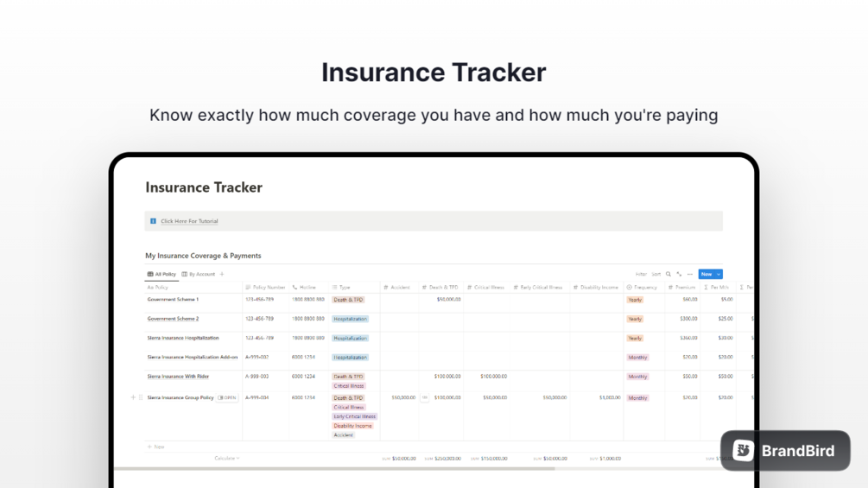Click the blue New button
(706, 274)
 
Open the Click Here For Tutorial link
(189, 221)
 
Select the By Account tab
(201, 274)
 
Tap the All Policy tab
(165, 274)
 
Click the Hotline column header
(307, 287)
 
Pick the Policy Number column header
(269, 287)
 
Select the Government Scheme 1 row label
(173, 300)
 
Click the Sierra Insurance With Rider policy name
(178, 377)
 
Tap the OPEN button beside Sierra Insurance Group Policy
(228, 398)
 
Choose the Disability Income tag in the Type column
(352, 426)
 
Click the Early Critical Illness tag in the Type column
(354, 416)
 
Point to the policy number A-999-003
(257, 377)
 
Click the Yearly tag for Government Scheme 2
(635, 319)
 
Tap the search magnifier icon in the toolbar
(668, 274)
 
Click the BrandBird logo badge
(785, 450)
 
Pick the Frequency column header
(645, 287)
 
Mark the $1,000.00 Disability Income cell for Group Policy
(610, 398)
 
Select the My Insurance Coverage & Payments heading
(203, 256)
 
